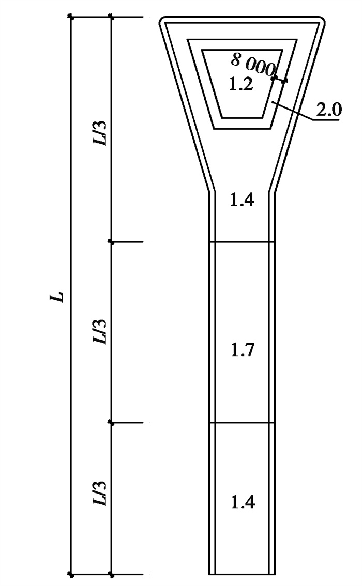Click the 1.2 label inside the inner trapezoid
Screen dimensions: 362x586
click(241, 84)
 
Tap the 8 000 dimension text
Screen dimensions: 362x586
click(253, 64)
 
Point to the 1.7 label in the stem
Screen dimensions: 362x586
click(243, 350)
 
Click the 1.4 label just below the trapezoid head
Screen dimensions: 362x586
click(242, 200)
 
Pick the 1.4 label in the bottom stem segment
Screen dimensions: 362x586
click(243, 502)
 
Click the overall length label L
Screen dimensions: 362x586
click(57, 297)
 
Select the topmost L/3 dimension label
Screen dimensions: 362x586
click(100, 133)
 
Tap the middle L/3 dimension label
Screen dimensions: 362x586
click(100, 331)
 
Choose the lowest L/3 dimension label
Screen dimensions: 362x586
click(100, 494)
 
